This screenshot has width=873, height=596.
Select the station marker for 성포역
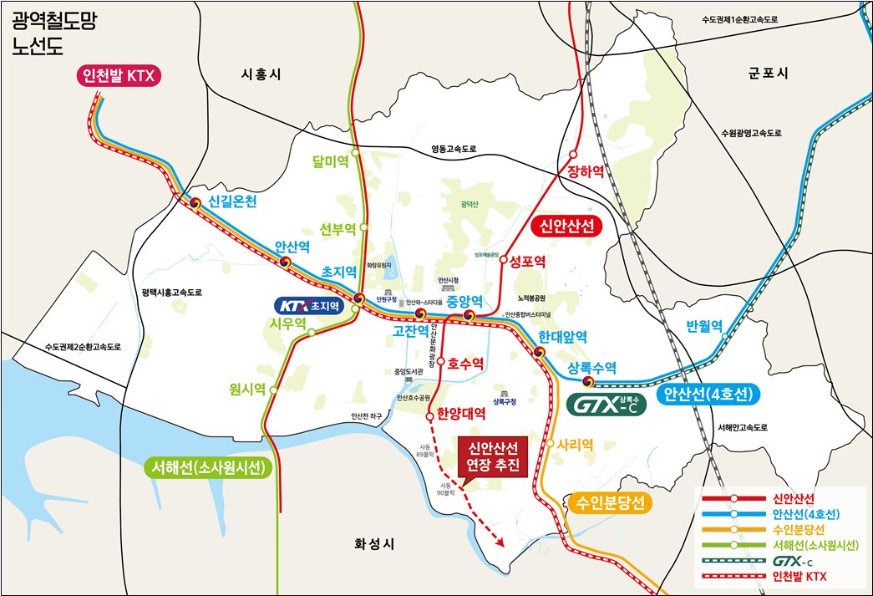[504, 260]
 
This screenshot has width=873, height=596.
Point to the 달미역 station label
[329, 161]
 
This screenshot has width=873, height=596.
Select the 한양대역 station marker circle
[429, 415]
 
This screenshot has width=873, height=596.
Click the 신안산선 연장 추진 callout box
[493, 456]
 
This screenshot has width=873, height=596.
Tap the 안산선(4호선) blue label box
[707, 395]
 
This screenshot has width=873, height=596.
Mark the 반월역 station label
[703, 326]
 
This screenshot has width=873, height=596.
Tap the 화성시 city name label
[373, 544]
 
